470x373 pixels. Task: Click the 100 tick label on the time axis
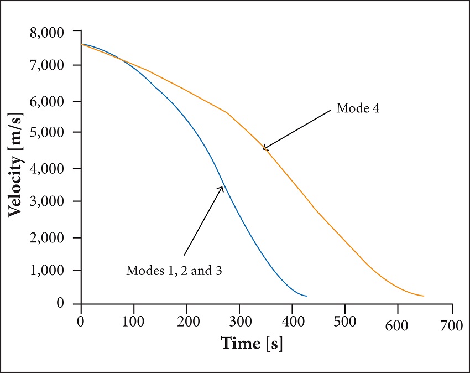pos(133,322)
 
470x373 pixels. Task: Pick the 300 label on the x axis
pos(240,322)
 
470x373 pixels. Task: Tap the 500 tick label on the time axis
pos(345,322)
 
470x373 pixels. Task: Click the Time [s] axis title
pos(252,343)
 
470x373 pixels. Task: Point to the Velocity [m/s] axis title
pos(16,170)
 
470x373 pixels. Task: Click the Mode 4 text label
pos(358,109)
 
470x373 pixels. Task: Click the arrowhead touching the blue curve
pos(222,188)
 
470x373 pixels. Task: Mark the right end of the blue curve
pos(307,296)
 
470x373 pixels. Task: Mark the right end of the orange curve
pos(424,296)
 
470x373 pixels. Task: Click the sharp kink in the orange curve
pos(227,113)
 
